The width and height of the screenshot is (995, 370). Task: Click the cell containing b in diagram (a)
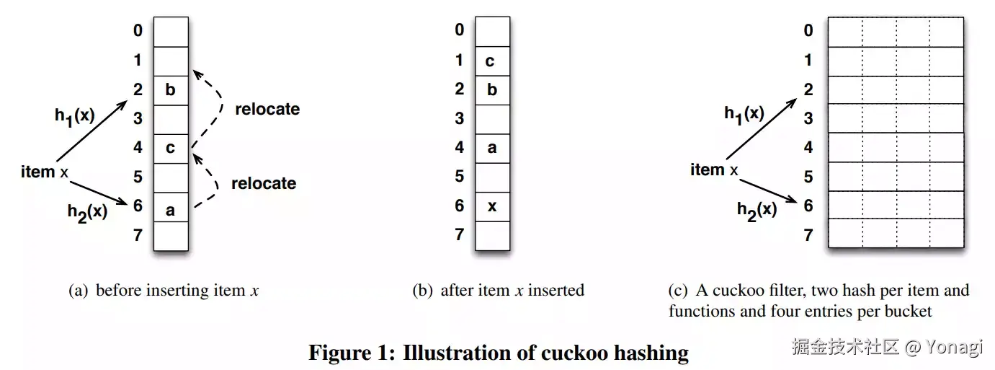171,91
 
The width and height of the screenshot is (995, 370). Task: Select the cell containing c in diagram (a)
171,149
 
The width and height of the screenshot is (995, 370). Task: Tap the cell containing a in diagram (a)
171,210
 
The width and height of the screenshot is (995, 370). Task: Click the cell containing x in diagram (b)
492,206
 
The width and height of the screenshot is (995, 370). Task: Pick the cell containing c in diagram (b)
492,61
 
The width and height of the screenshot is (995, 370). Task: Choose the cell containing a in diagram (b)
492,148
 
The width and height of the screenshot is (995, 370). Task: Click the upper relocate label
267,110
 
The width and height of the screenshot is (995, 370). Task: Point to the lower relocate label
264,183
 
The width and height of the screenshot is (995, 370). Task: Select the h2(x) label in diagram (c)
757,210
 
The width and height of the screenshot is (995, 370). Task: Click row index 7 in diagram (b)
460,234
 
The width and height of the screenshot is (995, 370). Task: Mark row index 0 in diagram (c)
808,30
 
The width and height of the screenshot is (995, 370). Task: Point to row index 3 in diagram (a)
138,118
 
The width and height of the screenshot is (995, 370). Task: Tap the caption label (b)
423,291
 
